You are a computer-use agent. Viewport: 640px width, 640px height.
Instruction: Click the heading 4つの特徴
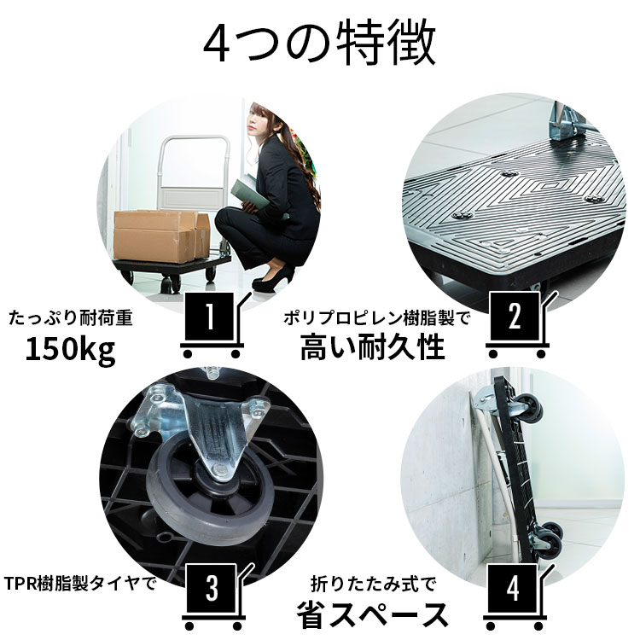pos(320,44)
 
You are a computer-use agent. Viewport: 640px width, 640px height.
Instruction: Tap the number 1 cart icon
pos(210,322)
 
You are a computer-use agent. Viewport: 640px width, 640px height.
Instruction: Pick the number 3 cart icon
pos(210,590)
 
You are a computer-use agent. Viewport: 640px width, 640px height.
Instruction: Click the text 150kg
pos(70,350)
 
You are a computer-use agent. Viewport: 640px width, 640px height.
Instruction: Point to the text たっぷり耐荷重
pos(70,318)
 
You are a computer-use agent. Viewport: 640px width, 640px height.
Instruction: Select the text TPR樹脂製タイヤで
pos(81,585)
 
